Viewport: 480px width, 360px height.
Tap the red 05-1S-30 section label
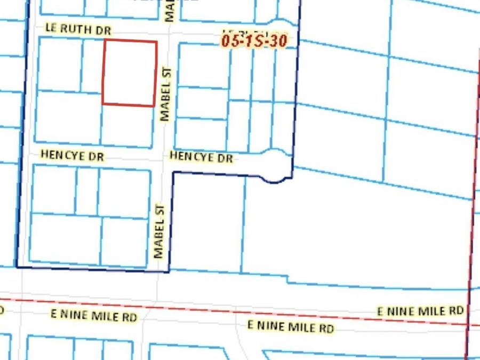[254, 41]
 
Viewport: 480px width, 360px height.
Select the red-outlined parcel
[130, 73]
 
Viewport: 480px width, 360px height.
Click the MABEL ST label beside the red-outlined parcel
[165, 93]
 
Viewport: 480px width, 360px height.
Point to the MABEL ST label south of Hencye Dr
[159, 231]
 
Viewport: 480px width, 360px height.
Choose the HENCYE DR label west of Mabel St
[73, 156]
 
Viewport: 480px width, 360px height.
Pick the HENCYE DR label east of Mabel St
[201, 157]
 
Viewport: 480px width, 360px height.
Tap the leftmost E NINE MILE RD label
[94, 315]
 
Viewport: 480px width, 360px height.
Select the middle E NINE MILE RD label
[291, 326]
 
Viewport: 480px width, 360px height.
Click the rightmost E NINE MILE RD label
[420, 310]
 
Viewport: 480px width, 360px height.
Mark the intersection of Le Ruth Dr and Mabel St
[168, 35]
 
